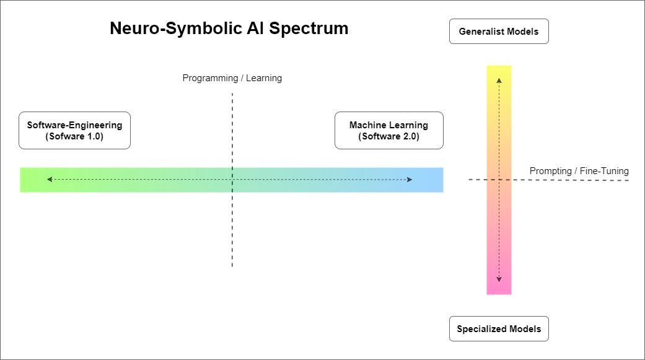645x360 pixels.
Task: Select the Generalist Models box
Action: [499, 32]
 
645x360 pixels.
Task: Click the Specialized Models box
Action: [499, 329]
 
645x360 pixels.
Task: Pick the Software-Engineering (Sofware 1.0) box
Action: [74, 131]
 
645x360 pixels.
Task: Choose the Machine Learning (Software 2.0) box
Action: [388, 131]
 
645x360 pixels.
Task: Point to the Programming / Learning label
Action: [232, 78]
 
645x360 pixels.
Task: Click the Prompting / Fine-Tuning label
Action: [579, 171]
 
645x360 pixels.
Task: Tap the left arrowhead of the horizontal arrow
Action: [49, 180]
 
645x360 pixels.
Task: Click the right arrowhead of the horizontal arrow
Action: [410, 180]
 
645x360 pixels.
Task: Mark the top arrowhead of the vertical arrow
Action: [499, 80]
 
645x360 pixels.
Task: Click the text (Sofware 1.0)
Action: [74, 137]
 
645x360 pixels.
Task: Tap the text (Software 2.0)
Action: [388, 137]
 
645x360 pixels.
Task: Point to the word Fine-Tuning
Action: [604, 171]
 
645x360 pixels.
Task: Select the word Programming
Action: [210, 78]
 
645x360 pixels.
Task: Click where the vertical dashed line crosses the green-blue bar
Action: [232, 180]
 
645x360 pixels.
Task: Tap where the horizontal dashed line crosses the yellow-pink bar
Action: [499, 180]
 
